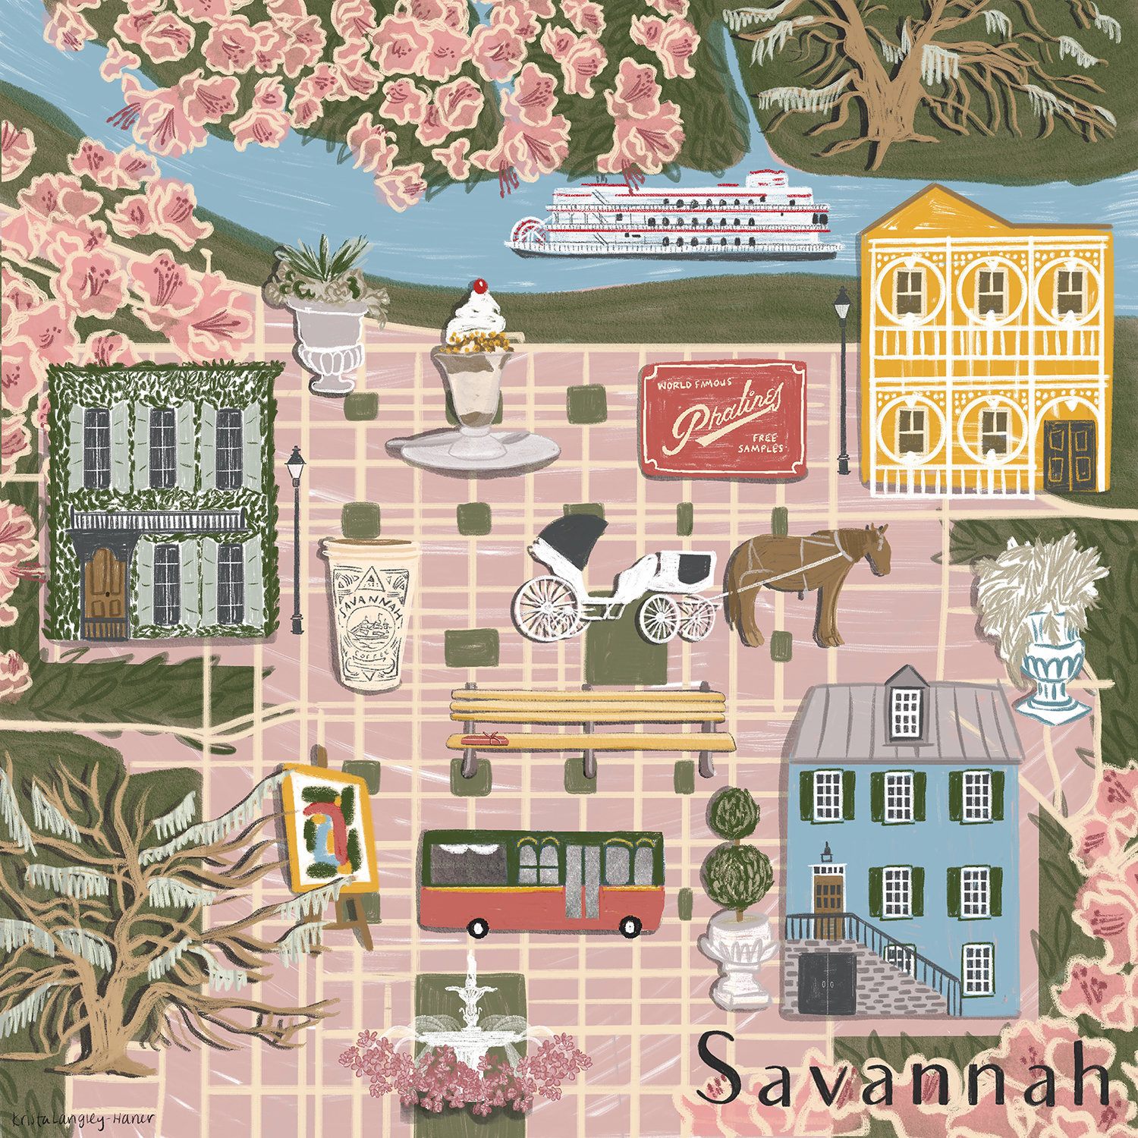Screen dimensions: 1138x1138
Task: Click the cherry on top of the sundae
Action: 478,287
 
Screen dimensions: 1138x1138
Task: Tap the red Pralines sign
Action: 724,420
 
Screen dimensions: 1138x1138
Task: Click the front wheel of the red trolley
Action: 477,927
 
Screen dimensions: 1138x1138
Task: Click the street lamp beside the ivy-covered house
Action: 296,539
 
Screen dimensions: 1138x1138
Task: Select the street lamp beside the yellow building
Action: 842,379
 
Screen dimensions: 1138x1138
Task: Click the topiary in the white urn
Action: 736,857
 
